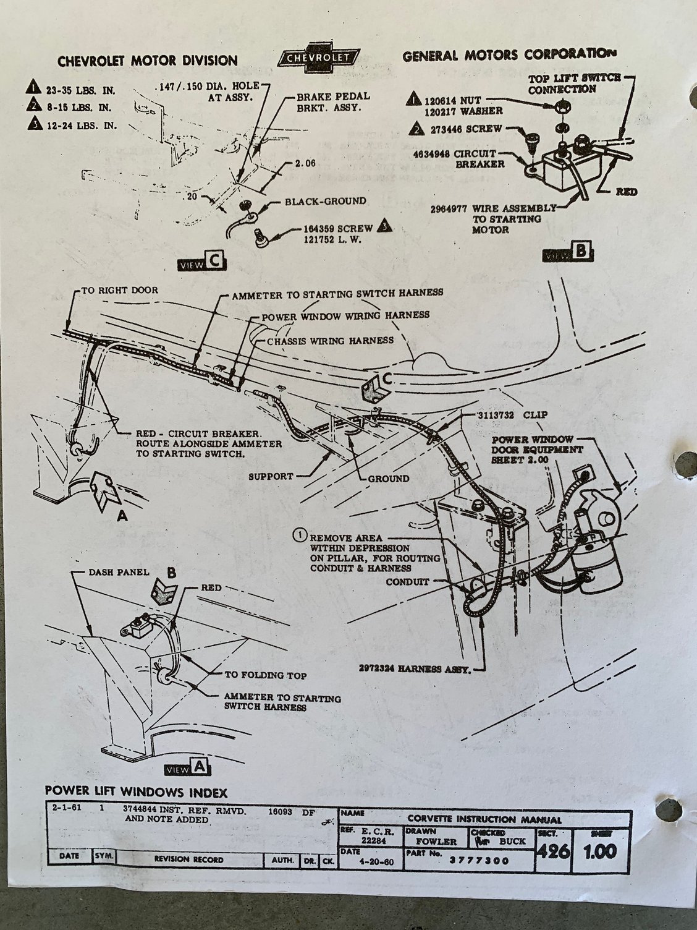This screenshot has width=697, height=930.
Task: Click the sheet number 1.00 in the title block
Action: tap(598, 851)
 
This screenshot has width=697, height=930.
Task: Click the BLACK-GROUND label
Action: tap(324, 201)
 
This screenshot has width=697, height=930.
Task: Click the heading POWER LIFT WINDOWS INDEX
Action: tap(136, 792)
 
